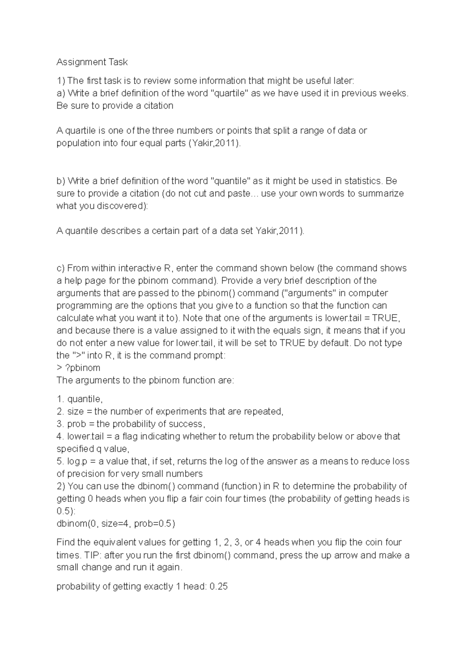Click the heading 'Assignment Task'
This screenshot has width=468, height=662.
[x=92, y=62]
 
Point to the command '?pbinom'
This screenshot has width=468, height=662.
[x=82, y=368]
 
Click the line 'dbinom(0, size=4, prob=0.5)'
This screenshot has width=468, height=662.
[x=116, y=524]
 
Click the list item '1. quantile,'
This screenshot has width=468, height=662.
[x=80, y=399]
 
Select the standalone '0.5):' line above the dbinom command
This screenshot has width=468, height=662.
[x=66, y=511]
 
